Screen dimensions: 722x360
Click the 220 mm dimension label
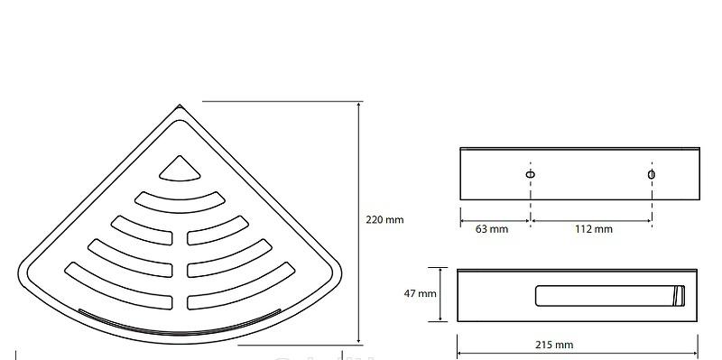(x=384, y=219)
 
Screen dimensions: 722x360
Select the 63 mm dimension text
(x=492, y=229)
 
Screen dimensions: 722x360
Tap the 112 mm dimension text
(x=594, y=229)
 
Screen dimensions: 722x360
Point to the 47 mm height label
(x=420, y=293)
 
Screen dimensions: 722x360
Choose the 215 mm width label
(x=554, y=345)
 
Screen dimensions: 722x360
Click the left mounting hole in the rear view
(x=531, y=174)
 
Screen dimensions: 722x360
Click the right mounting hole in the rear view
(x=652, y=174)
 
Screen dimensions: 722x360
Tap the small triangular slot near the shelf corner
(x=180, y=170)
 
